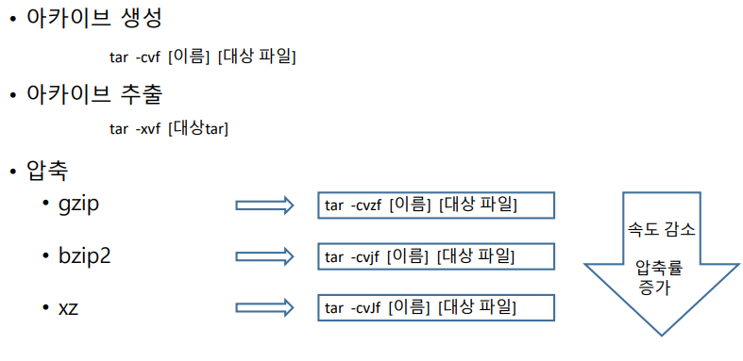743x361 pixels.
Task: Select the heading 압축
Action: tap(47, 171)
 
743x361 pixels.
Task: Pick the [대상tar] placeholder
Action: tap(198, 128)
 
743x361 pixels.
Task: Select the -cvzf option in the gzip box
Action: tap(366, 205)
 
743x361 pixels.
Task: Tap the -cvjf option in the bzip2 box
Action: tap(364, 255)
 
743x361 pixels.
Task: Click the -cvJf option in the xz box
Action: tap(365, 307)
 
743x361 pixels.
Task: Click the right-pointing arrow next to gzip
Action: tap(264, 205)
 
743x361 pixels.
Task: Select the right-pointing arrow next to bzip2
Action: tap(264, 255)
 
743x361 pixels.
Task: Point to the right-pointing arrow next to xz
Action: tap(264, 307)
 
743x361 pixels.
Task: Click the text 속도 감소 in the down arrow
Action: tap(663, 229)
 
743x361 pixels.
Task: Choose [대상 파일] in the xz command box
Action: tap(479, 307)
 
